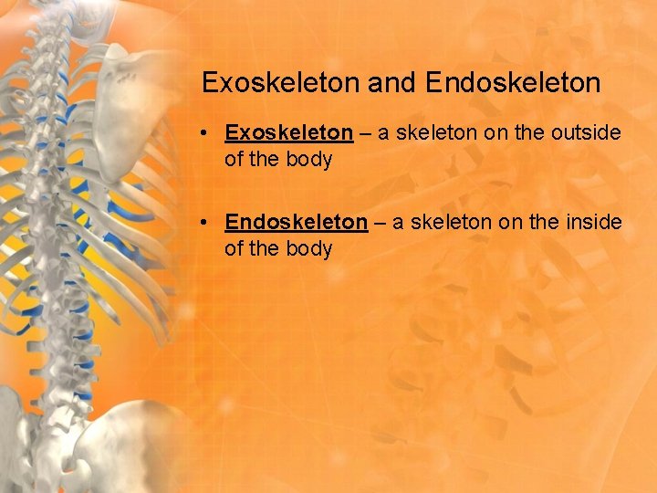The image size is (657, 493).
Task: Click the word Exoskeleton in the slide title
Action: [x=281, y=83]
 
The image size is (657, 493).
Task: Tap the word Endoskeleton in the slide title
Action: [x=513, y=83]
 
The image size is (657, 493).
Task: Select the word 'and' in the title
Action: [x=393, y=83]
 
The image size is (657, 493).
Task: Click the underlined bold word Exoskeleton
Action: [x=288, y=133]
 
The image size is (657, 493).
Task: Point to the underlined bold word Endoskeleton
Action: [x=296, y=222]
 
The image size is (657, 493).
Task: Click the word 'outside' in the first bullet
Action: [x=587, y=133]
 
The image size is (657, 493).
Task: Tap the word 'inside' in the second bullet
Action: [x=594, y=222]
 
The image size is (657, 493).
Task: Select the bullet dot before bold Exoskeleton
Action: [x=209, y=133]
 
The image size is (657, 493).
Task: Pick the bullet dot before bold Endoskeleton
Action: [x=209, y=222]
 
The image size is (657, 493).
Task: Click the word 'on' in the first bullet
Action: [x=497, y=133]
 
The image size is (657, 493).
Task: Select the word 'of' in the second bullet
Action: [x=235, y=248]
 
